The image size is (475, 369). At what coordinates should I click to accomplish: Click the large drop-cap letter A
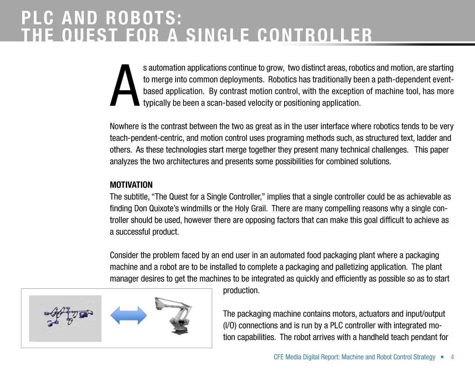pos(125,86)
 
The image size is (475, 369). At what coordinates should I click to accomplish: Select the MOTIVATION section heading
pos(131,185)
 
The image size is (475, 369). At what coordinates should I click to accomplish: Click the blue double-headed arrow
pos(128,315)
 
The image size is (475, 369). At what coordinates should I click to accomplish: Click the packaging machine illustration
pos(65,318)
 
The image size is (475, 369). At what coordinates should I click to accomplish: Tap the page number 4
pos(452,357)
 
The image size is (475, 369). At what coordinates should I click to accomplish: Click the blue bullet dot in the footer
pos(442,357)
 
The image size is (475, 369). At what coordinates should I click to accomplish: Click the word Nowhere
pos(124,126)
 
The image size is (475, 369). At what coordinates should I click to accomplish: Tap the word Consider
pos(124,255)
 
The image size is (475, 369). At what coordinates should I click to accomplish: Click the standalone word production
pos(241,290)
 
